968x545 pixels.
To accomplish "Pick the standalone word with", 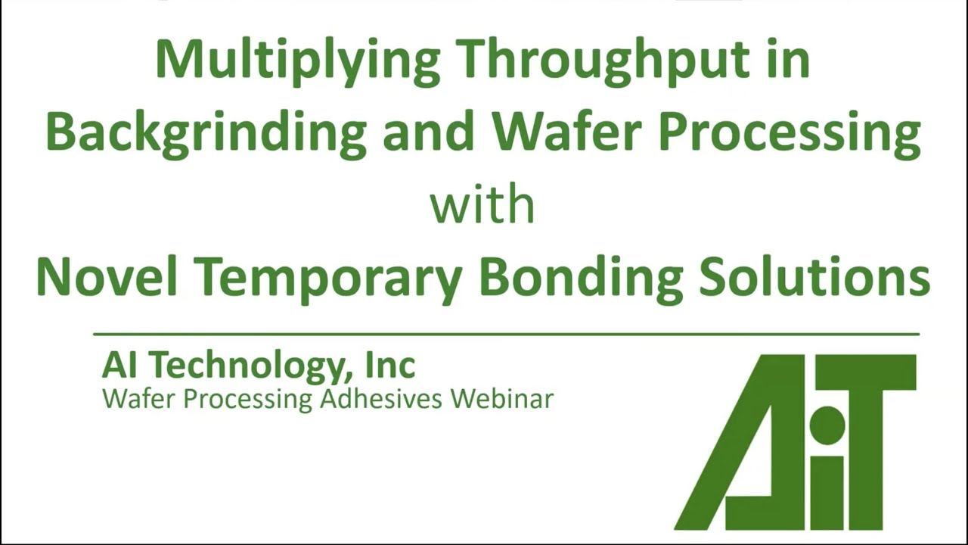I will (482, 204).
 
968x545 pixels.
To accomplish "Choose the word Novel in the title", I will (107, 276).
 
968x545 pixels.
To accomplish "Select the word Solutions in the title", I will (814, 276).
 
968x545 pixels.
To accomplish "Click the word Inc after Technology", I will (390, 366).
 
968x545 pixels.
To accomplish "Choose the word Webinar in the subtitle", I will (503, 398).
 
